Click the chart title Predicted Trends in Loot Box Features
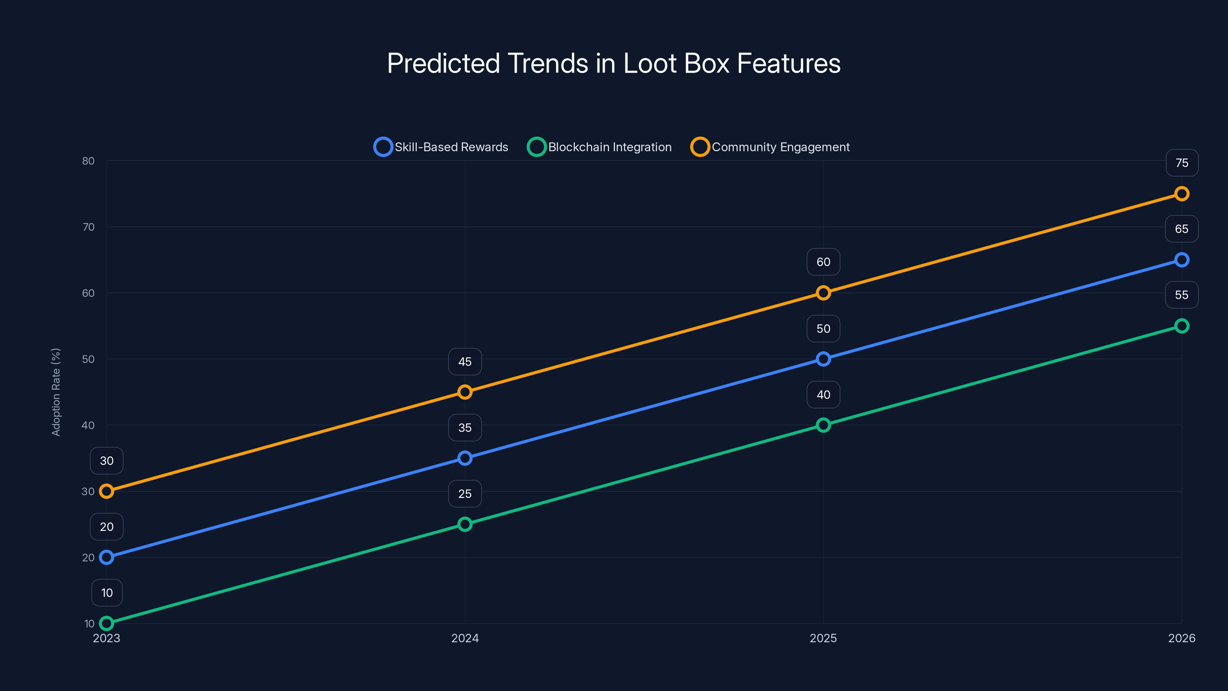point(614,63)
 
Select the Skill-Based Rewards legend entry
point(441,147)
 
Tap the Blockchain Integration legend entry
point(600,147)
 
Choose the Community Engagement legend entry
point(770,147)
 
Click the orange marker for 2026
point(1181,193)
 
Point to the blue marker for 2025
point(823,359)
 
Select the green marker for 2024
point(465,524)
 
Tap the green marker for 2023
point(107,623)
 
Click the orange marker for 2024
point(465,392)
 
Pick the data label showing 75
point(1181,163)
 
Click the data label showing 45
point(465,362)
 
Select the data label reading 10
point(107,593)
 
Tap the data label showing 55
point(1181,295)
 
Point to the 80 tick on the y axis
point(88,161)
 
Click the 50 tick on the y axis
point(88,359)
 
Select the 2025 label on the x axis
point(823,638)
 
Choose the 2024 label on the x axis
point(465,638)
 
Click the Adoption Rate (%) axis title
point(56,392)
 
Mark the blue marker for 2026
point(1181,260)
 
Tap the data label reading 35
point(465,428)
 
